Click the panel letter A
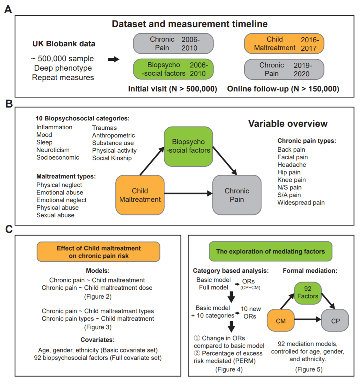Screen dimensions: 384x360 [8, 9]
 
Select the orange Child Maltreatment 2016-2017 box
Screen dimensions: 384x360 [284, 44]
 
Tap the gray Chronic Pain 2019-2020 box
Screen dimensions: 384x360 [284, 69]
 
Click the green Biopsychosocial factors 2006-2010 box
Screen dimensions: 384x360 [173, 69]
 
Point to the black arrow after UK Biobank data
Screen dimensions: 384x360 [113, 59]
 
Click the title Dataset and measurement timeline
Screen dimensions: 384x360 [190, 24]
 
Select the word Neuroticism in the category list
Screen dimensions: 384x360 [53, 150]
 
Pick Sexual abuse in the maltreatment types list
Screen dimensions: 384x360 [55, 215]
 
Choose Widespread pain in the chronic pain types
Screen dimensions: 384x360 [301, 203]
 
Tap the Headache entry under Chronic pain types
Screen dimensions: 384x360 [292, 165]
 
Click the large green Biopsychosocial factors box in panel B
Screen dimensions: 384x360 [188, 146]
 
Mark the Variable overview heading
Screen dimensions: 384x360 [288, 124]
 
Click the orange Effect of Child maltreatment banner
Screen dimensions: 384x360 [99, 252]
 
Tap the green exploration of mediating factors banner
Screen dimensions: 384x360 [271, 251]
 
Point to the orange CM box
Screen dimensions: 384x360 [281, 321]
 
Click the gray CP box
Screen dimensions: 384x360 [335, 321]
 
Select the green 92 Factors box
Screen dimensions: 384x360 [308, 293]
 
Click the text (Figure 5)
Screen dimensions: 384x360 [309, 369]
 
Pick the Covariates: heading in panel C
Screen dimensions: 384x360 [98, 340]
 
